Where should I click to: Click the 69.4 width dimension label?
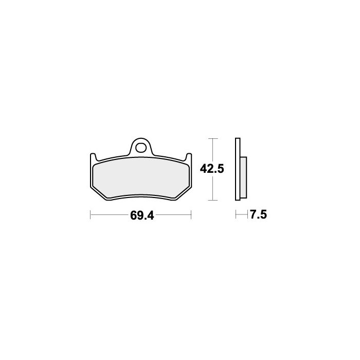click(x=142, y=215)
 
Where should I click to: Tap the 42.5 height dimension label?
click(x=212, y=169)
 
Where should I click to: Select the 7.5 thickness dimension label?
click(x=258, y=215)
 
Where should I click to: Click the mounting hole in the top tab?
click(x=141, y=148)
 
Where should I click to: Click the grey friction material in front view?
click(x=141, y=177)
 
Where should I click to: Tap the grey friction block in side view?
click(x=243, y=177)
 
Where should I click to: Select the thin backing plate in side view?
click(x=238, y=169)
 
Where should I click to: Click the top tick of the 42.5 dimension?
click(x=213, y=138)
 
